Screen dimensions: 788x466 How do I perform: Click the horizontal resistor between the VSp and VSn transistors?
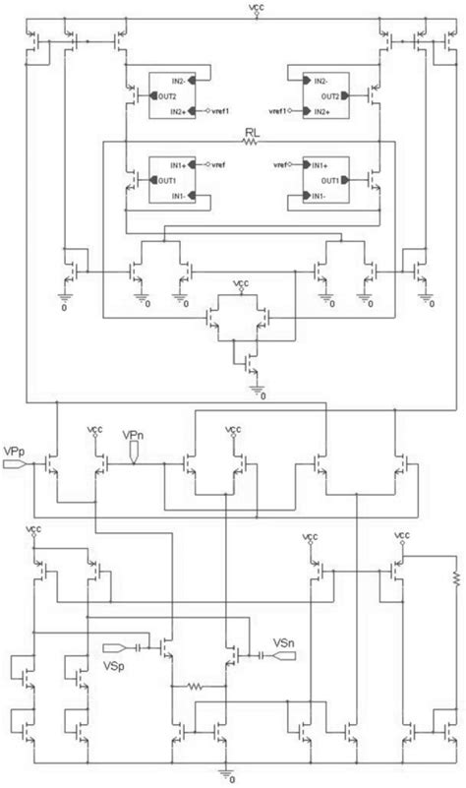199,687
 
